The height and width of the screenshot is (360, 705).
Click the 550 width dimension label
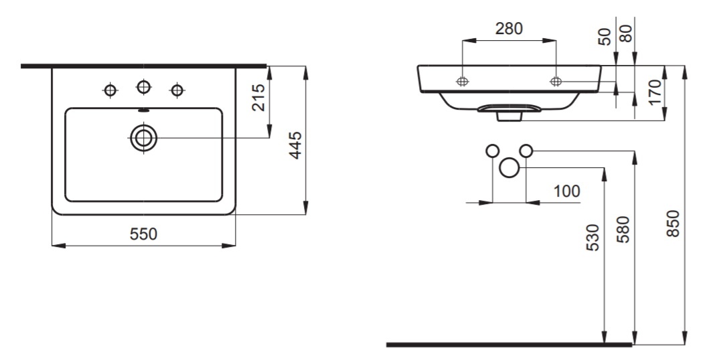(x=144, y=234)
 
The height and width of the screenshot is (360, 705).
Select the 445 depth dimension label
(x=295, y=145)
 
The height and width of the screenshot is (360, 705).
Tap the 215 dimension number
(x=258, y=98)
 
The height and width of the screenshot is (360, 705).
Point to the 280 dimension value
(x=509, y=29)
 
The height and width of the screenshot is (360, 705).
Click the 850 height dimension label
(x=673, y=223)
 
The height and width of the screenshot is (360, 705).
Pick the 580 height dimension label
(x=623, y=230)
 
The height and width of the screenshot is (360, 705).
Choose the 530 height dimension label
(x=593, y=238)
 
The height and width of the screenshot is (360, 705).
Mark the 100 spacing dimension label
(x=566, y=191)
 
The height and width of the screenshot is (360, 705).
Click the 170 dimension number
(x=655, y=92)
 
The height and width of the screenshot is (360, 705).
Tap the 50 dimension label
(x=606, y=36)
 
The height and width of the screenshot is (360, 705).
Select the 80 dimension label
(x=626, y=33)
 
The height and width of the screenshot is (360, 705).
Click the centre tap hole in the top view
(x=143, y=87)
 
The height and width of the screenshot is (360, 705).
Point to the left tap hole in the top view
(x=110, y=90)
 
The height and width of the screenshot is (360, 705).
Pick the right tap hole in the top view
(x=177, y=90)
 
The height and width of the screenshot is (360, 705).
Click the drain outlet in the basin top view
(x=143, y=138)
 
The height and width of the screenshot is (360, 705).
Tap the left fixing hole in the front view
(x=462, y=82)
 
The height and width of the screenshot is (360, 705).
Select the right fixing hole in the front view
(x=556, y=82)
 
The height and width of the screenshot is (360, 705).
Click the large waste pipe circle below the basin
(x=510, y=168)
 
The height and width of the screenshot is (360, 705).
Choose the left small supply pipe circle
(x=493, y=151)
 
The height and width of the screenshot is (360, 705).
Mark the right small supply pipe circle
(x=526, y=151)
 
